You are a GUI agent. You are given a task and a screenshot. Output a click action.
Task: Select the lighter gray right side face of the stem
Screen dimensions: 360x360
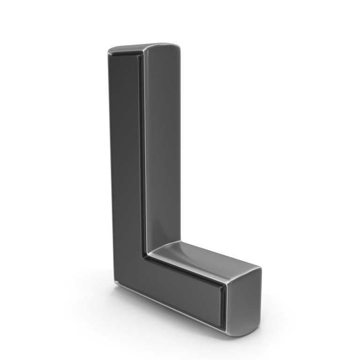tap(162, 142)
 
